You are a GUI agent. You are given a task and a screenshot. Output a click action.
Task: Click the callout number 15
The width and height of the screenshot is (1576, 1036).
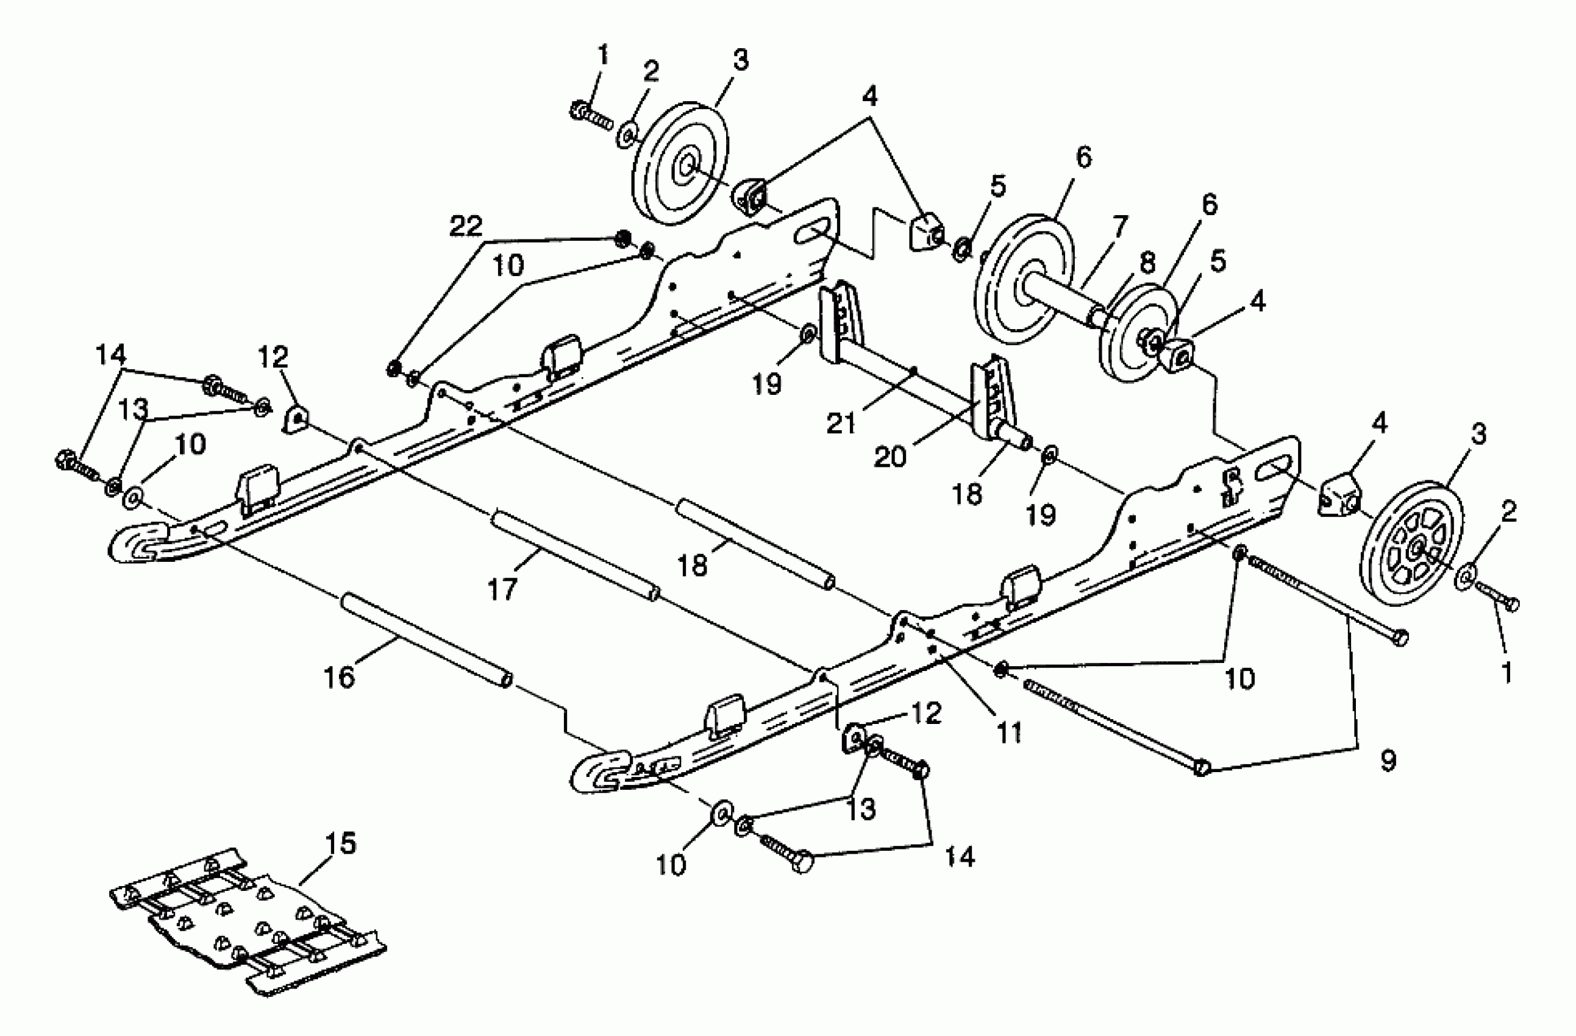point(340,844)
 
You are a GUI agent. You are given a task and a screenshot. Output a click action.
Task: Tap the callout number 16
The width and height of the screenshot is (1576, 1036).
point(339,677)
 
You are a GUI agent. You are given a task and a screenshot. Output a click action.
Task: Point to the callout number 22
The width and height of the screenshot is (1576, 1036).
point(466,227)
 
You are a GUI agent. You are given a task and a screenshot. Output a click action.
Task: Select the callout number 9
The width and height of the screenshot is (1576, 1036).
point(1387,760)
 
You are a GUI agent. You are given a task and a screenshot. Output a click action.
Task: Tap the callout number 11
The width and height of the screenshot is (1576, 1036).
point(1009,732)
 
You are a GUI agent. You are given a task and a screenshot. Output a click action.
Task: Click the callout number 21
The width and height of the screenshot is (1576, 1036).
point(841,422)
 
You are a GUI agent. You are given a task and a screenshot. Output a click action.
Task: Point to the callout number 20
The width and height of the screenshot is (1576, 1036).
point(890,455)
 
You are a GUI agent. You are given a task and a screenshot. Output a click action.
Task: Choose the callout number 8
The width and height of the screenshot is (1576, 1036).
point(1146,263)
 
